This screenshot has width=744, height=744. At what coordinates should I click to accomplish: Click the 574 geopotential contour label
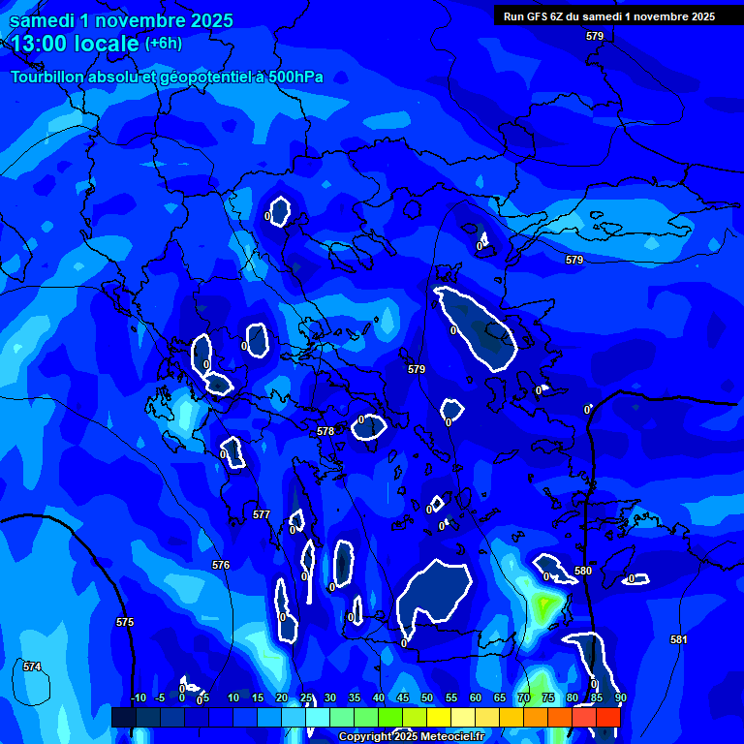click(32, 666)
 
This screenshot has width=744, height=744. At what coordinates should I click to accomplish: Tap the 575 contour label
click(125, 622)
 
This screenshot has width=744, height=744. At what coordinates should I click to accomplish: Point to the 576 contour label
click(221, 565)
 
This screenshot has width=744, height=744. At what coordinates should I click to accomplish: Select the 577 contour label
click(262, 514)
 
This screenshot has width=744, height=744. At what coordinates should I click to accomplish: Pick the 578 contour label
click(325, 431)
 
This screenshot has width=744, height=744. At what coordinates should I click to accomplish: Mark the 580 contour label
click(583, 572)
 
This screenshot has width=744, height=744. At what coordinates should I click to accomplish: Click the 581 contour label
click(679, 639)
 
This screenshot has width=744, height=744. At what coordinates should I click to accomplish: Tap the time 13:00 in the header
click(42, 44)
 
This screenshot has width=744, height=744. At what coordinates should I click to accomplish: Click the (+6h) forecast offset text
click(163, 44)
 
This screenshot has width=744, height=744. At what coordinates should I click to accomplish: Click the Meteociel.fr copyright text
click(447, 737)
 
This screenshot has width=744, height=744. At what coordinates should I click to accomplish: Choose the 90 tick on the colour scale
click(620, 697)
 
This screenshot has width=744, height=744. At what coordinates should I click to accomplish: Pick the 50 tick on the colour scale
click(427, 697)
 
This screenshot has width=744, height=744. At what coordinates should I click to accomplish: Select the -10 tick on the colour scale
click(138, 697)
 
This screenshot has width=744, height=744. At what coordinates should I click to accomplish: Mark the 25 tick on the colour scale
click(306, 697)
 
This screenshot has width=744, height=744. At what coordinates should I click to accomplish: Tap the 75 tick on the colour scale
click(548, 697)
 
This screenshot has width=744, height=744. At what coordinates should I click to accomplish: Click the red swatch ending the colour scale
click(607, 717)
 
